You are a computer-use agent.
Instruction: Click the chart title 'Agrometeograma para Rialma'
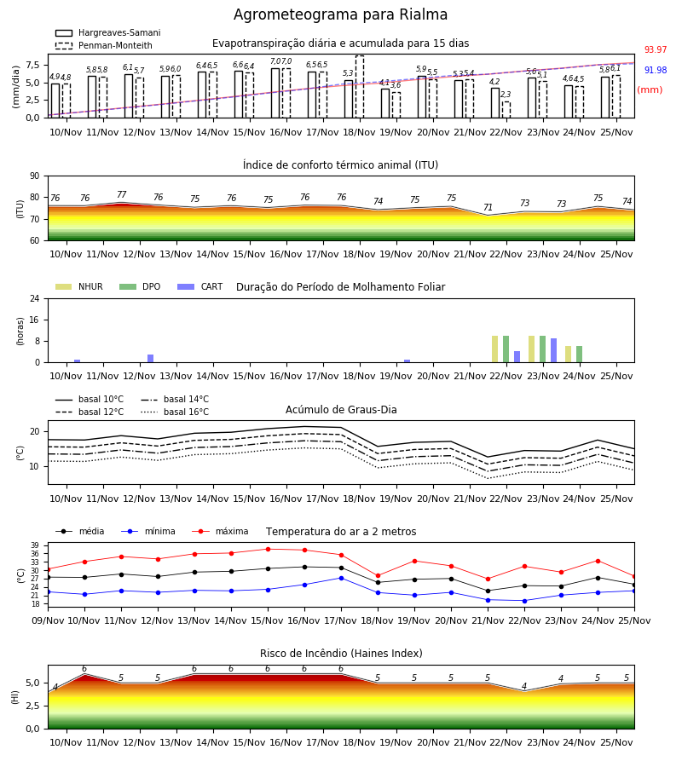pyautogui.click(x=340, y=14)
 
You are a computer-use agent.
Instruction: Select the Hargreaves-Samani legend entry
pyautogui.click(x=107, y=32)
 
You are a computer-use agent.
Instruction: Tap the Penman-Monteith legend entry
pyautogui.click(x=104, y=45)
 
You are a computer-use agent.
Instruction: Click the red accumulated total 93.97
pyautogui.click(x=656, y=50)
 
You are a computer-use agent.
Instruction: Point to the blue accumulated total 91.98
pyautogui.click(x=656, y=70)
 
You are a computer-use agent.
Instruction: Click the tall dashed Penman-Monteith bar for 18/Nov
pyautogui.click(x=360, y=87)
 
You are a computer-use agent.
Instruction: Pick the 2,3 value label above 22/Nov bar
pyautogui.click(x=506, y=95)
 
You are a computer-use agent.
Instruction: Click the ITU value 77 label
pyautogui.click(x=121, y=194)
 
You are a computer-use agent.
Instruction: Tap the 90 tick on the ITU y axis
pyautogui.click(x=35, y=176)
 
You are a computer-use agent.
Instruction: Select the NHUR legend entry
pyautogui.click(x=79, y=286)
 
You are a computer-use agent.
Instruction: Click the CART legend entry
pyautogui.click(x=200, y=286)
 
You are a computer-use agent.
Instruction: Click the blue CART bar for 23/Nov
pyautogui.click(x=554, y=350)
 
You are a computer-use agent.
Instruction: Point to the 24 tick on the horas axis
pyautogui.click(x=35, y=298)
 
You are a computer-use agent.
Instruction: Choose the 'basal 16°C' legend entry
pyautogui.click(x=175, y=412)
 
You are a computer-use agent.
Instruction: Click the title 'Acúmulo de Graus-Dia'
pyautogui.click(x=341, y=410)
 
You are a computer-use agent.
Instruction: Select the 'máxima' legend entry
pyautogui.click(x=220, y=531)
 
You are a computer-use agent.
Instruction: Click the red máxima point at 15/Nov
pyautogui.click(x=268, y=550)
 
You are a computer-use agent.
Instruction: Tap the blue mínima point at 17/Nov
pyautogui.click(x=342, y=578)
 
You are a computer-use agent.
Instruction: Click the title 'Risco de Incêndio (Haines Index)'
pyautogui.click(x=341, y=654)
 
